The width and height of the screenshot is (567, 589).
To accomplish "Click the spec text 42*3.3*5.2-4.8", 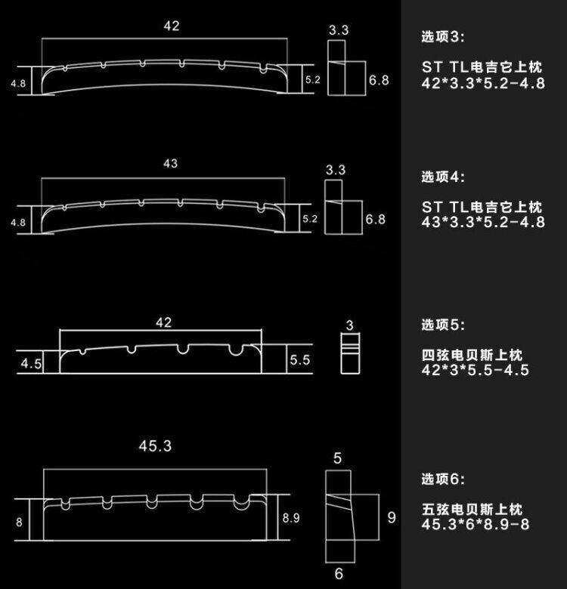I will [x=483, y=83].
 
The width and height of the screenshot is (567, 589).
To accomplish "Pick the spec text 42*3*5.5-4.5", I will [x=476, y=370].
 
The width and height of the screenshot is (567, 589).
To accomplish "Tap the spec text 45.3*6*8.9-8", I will [x=476, y=524].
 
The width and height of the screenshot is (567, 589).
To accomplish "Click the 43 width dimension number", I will [x=170, y=164].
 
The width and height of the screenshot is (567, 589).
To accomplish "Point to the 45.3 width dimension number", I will [x=155, y=446].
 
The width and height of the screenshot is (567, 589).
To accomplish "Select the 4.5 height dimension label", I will [x=31, y=363].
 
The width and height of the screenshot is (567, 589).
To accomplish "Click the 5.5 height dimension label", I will [x=299, y=361].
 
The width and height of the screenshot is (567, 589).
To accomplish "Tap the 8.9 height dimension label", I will [x=291, y=518].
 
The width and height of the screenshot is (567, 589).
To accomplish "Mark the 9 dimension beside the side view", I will [x=392, y=518].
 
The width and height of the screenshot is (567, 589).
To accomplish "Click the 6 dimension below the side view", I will [x=338, y=575].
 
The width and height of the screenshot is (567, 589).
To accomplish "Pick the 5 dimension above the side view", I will [x=338, y=458].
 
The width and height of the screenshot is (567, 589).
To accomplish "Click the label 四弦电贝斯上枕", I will [x=473, y=355].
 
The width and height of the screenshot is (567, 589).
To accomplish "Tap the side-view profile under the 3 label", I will [x=349, y=353].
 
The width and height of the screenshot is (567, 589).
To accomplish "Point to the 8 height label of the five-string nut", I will [x=19, y=522].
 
